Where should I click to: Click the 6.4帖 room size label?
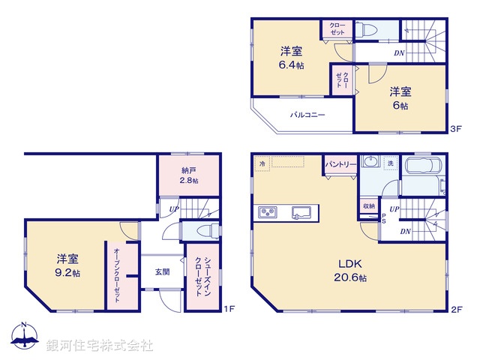coord(292,66)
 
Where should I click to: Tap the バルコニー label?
coord(307,115)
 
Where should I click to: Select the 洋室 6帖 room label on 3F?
coord(399,99)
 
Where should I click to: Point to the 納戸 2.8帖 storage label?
coord(189,175)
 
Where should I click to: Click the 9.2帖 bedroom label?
coord(67,265)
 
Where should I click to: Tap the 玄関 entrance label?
coord(162,272)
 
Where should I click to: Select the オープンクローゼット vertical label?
coord(118,275)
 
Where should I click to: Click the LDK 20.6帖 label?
coord(350,271)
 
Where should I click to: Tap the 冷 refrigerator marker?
coord(262,163)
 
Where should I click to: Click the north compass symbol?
coord(24,338)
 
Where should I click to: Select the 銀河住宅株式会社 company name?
coord(100,345)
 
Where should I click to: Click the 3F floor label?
coord(455,129)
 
